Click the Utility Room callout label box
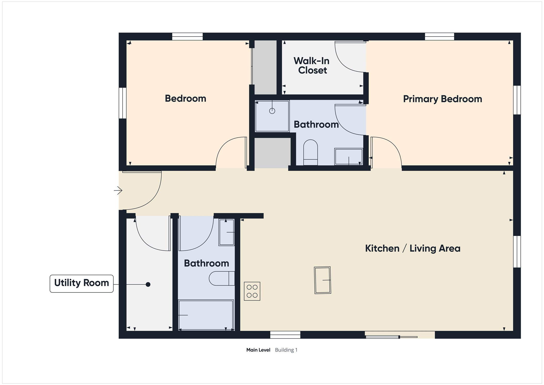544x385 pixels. tap(82, 284)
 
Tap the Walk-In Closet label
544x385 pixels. tap(312, 66)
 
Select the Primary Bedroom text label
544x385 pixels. tap(442, 99)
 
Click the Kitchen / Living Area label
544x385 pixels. tap(413, 248)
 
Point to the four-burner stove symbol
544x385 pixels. tap(252, 291)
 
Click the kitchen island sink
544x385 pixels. tap(322, 280)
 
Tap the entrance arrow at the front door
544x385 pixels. tap(118, 191)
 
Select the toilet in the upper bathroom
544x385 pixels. tap(310, 152)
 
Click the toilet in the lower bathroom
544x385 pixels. tap(222, 278)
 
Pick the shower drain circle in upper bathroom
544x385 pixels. tap(272, 111)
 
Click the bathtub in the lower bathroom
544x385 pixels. tap(206, 315)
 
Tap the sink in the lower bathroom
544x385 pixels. tap(226, 232)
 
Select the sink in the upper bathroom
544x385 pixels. tap(348, 156)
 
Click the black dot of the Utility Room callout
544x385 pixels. tap(148, 285)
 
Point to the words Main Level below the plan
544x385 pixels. tap(258, 350)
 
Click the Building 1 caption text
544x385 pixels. tap(286, 350)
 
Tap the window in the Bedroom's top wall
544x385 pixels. tap(188, 36)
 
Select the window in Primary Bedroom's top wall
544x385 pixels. tap(440, 36)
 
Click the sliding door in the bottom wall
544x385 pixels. tap(400, 335)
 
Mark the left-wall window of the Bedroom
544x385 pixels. tap(123, 103)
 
